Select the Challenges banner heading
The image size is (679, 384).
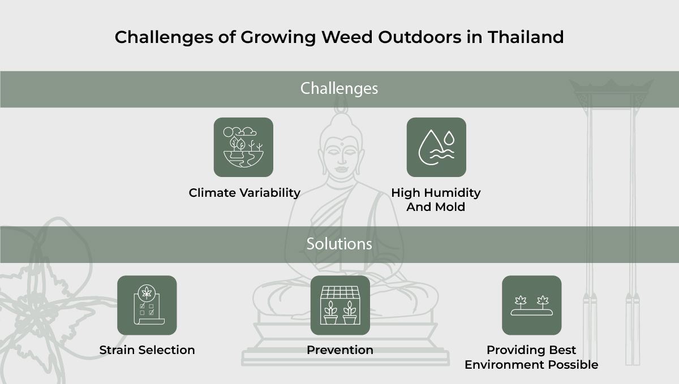pos(339,89)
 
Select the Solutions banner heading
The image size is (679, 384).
pos(339,244)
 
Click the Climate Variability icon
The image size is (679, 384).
pos(243,147)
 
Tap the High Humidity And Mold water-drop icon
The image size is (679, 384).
pos(436,147)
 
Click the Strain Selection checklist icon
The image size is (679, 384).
pos(147,305)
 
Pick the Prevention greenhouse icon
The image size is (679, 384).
pos(340,305)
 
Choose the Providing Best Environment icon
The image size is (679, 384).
pos(531,305)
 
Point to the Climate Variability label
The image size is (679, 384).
pos(244,193)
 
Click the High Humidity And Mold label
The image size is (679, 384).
pos(436,200)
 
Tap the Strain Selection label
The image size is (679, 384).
pos(147,350)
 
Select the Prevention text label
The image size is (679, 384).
pos(340,350)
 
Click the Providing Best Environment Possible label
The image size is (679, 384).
pos(531,357)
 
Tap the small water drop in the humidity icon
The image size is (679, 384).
pos(449,137)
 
